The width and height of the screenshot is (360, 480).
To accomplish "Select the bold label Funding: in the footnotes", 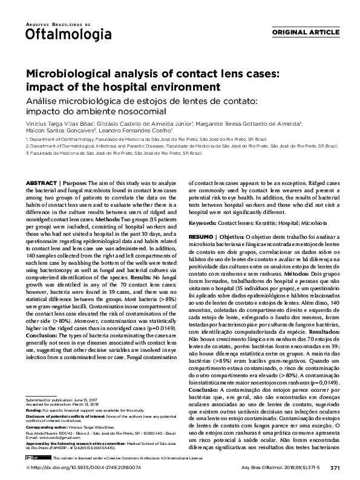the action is click(x=33, y=410).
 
